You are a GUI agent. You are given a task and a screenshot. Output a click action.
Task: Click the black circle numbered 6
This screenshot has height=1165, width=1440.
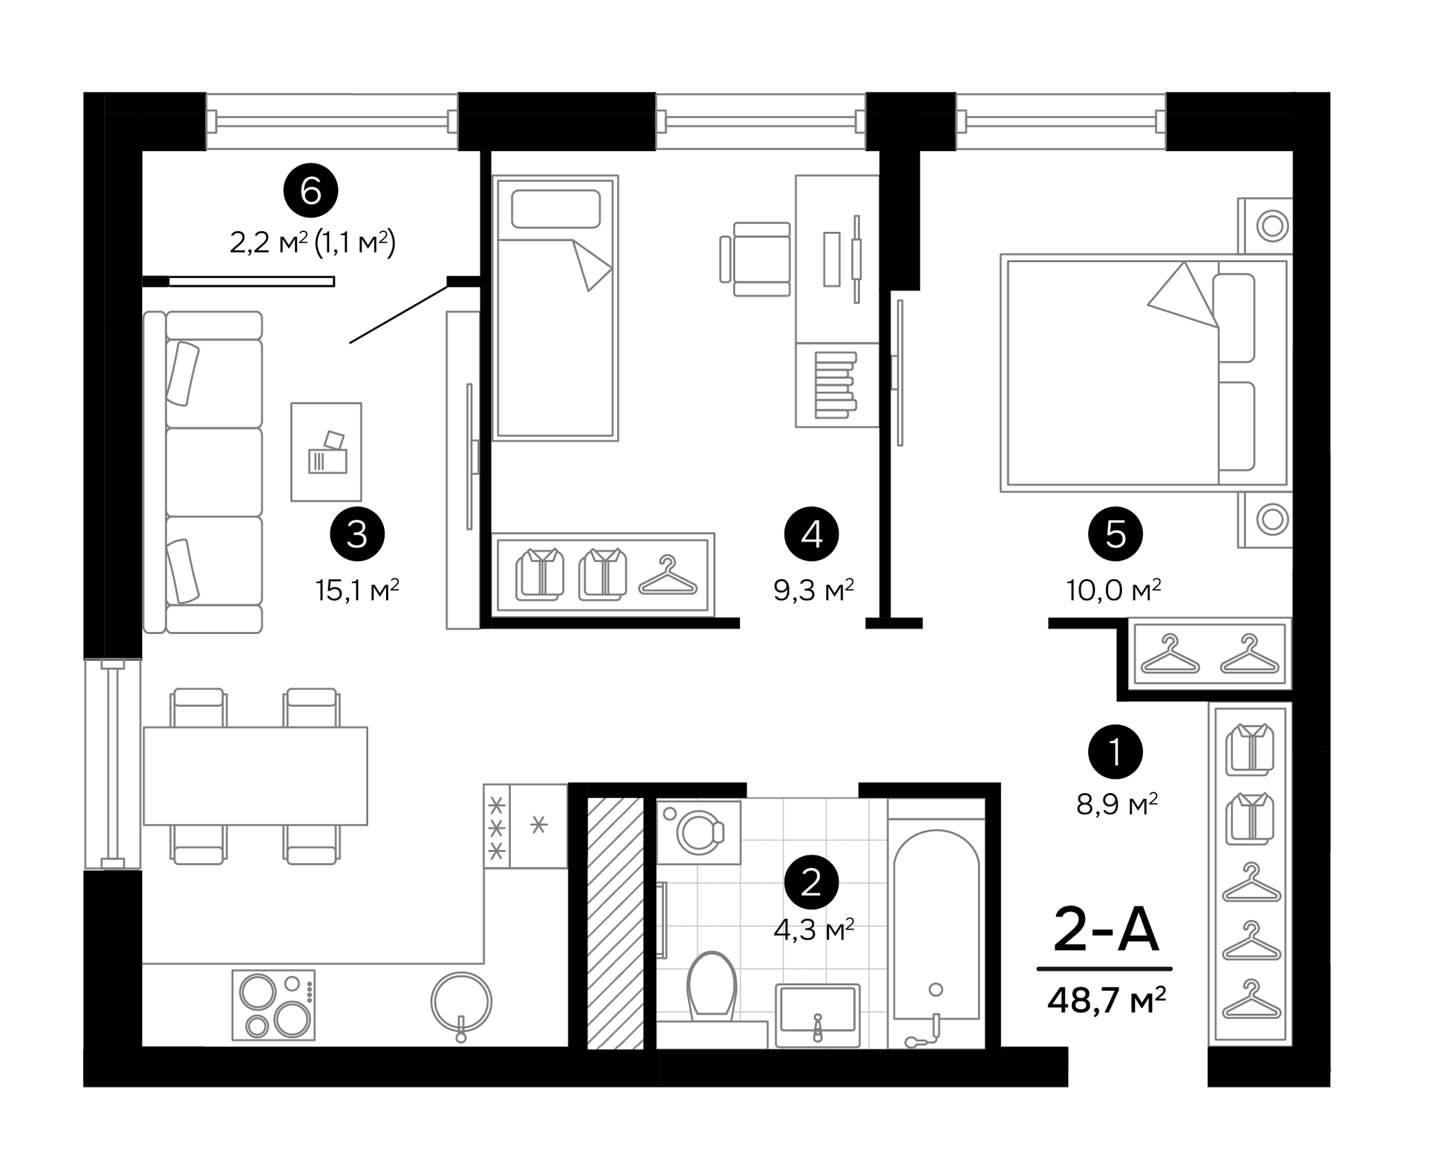pyautogui.click(x=311, y=191)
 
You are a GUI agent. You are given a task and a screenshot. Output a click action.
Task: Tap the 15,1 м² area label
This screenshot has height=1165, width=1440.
pyautogui.click(x=357, y=590)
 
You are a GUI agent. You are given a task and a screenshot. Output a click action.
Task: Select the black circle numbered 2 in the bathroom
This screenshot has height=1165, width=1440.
pyautogui.click(x=811, y=882)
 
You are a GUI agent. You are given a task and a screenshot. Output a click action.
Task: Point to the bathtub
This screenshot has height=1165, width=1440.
pyautogui.click(x=936, y=926)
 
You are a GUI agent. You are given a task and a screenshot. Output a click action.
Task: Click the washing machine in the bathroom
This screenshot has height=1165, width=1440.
pyautogui.click(x=699, y=832)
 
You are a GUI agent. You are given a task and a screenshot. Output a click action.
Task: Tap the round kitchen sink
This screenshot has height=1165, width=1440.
pyautogui.click(x=461, y=1002)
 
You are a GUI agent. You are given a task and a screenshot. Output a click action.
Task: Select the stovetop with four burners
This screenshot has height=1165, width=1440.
pyautogui.click(x=274, y=1004)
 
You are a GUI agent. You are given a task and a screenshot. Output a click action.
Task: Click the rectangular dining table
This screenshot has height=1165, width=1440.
pyautogui.click(x=255, y=776)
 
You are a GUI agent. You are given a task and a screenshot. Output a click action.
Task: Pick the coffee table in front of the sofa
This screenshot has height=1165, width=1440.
pyautogui.click(x=326, y=451)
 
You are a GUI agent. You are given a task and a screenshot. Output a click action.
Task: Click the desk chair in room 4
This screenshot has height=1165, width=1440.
pyautogui.click(x=758, y=259)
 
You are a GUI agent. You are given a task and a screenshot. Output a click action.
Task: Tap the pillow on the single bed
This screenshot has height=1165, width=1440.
pyautogui.click(x=555, y=209)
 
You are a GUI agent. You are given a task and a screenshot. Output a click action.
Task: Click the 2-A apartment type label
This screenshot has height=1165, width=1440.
pyautogui.click(x=1105, y=930)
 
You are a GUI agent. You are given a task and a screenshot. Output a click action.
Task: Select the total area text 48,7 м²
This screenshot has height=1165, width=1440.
pyautogui.click(x=1106, y=1000)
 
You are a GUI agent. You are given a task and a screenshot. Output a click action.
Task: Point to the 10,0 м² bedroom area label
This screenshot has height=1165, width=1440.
pyautogui.click(x=1113, y=590)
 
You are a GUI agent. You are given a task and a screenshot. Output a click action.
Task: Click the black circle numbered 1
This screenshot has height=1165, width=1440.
pyautogui.click(x=1115, y=751)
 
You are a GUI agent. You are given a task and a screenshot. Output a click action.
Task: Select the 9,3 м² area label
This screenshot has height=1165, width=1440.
pyautogui.click(x=813, y=590)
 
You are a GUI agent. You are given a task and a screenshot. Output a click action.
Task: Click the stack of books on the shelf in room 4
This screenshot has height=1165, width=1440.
pyautogui.click(x=835, y=385)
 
